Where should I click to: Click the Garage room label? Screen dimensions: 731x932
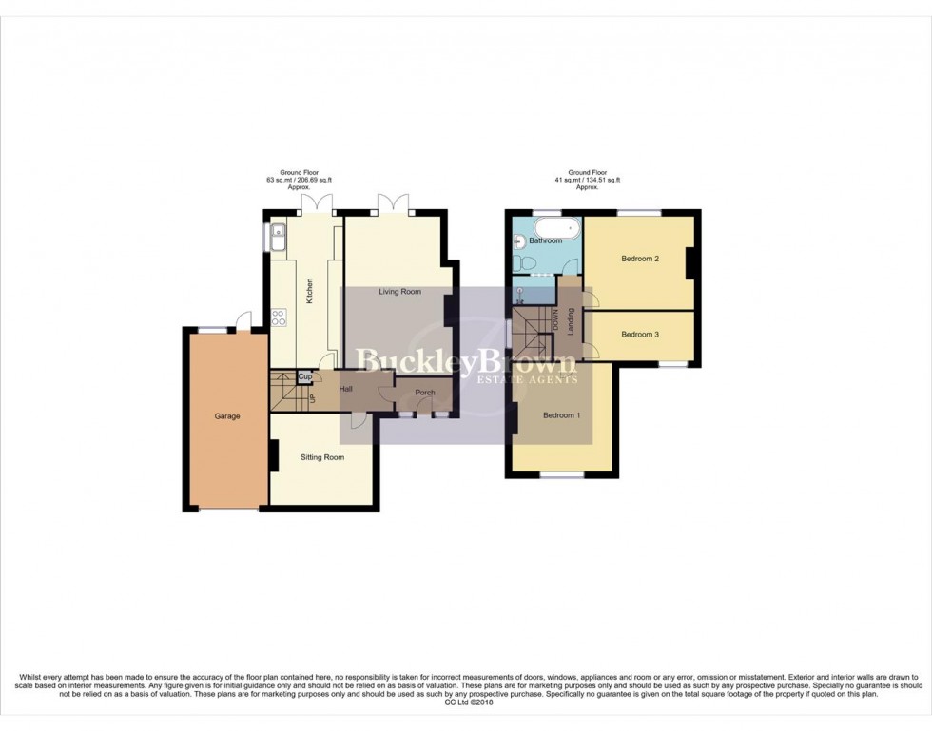[226, 416]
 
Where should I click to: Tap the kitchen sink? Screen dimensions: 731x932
[279, 238]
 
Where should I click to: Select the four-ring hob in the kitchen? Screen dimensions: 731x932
[280, 317]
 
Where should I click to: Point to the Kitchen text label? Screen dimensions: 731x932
[309, 291]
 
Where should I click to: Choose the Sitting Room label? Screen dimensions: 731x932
[322, 457]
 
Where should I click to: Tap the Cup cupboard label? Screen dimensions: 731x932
[305, 377]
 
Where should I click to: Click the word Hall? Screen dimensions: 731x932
[346, 389]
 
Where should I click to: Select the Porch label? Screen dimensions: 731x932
[425, 393]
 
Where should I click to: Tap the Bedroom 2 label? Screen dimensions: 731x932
[640, 259]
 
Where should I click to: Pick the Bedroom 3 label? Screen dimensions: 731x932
[640, 335]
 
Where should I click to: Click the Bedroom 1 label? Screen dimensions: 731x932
[562, 415]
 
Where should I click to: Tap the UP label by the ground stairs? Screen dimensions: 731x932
[311, 396]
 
